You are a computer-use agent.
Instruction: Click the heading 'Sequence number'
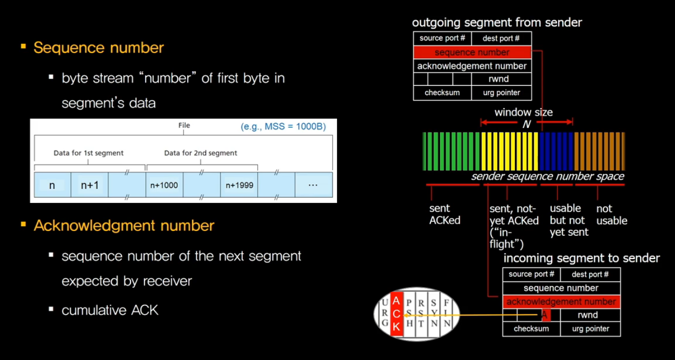98,48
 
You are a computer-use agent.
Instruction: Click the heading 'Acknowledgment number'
124,226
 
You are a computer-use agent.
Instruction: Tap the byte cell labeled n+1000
164,185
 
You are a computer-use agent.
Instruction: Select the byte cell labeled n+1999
239,185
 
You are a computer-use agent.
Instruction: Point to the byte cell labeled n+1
89,185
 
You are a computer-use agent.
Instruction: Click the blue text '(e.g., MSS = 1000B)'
283,126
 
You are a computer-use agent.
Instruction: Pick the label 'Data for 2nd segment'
200,153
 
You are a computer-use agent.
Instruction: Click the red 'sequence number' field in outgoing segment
472,52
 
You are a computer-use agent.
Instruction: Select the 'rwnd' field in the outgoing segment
501,79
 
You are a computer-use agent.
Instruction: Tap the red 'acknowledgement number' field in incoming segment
561,302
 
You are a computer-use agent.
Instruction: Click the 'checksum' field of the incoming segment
531,329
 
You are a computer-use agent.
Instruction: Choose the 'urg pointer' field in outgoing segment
501,93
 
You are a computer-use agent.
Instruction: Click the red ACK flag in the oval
397,314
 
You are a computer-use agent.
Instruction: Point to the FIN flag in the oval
447,314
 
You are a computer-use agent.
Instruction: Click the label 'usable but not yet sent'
569,220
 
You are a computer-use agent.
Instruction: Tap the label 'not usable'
612,214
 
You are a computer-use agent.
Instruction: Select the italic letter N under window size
526,124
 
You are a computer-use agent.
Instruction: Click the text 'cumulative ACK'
110,310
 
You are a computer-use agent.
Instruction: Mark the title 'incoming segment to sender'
581,258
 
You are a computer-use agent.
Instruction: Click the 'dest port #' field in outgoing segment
501,38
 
